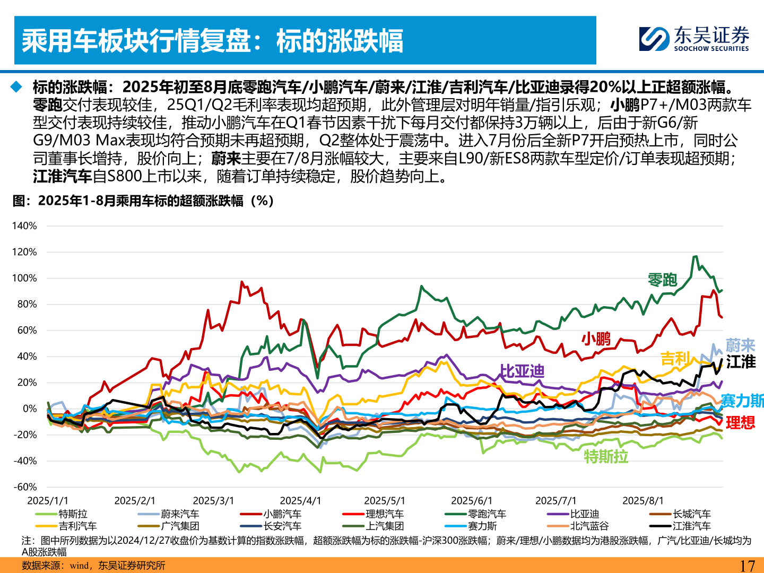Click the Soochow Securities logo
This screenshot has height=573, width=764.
[694, 39]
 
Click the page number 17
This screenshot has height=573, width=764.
[747, 566]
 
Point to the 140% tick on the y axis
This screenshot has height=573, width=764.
[24, 226]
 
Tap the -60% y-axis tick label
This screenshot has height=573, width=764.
[24, 487]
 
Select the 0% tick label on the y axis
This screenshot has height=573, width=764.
[30, 409]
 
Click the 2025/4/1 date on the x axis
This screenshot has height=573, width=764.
[300, 501]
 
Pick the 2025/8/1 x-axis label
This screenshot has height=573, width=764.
[643, 501]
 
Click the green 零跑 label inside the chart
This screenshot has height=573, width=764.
[662, 280]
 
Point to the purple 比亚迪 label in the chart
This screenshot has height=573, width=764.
[522, 371]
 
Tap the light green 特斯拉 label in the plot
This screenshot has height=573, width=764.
[606, 456]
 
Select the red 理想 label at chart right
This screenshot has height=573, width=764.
[740, 423]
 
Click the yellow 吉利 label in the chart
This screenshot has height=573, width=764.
[675, 359]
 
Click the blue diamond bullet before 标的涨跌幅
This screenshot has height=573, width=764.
[18, 86]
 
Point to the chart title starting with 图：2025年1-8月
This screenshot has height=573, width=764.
[143, 201]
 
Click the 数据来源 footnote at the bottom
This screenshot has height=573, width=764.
[93, 566]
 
